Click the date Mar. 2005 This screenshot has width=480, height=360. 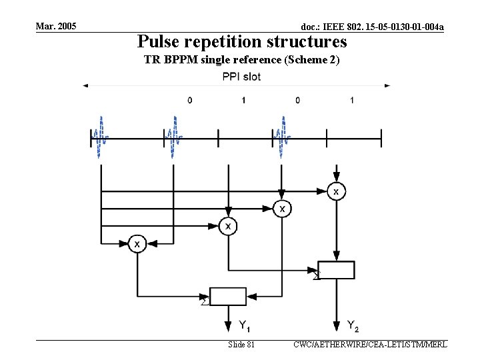coord(57,26)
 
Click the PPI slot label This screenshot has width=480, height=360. coord(241,77)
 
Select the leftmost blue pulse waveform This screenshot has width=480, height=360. coord(100,137)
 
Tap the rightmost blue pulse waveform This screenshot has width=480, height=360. coord(283,137)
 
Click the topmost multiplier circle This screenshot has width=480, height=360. coord(336,191)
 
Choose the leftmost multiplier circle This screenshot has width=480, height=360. coord(137,244)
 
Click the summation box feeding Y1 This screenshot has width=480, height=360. coord(228,296)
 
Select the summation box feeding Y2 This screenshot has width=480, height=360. coord(336,270)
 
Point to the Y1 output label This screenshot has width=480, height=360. coord(245,325)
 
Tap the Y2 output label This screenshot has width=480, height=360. coord(353,325)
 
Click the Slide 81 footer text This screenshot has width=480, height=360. coord(241,345)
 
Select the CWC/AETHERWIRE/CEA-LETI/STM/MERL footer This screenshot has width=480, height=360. coord(370,345)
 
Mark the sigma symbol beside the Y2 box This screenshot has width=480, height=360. coord(317,275)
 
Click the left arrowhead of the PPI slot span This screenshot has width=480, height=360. coord(85,85)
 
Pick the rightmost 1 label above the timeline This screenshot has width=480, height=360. coord(351,100)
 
